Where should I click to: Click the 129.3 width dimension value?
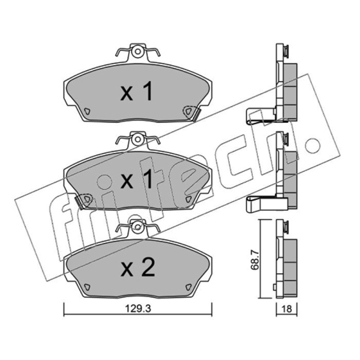pos(138,309)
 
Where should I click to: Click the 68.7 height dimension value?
pos(255,260)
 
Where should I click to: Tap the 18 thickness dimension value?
pos(287,309)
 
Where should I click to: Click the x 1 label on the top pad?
pos(136,91)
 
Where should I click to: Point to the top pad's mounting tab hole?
pos(138,51)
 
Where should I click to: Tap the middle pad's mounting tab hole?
pos(138,139)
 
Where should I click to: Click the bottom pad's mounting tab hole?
pos(138,227)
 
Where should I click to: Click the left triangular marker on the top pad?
pos(87,112)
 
